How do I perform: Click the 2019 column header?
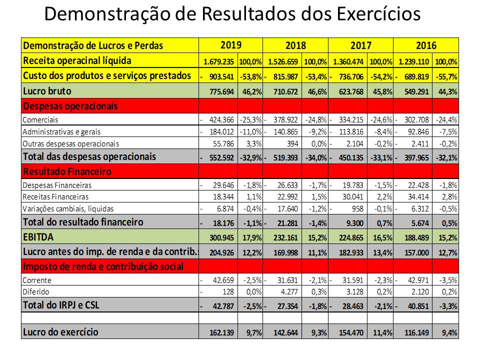230,45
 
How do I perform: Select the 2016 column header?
426,45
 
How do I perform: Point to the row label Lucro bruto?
47,91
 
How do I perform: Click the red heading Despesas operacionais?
70,106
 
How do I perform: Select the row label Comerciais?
40,120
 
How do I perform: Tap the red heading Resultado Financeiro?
67,171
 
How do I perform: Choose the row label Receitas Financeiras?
55,197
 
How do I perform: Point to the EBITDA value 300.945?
221,236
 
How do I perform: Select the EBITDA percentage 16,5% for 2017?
382,236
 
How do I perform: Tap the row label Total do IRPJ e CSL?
61,304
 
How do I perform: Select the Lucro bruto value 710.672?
286,92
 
